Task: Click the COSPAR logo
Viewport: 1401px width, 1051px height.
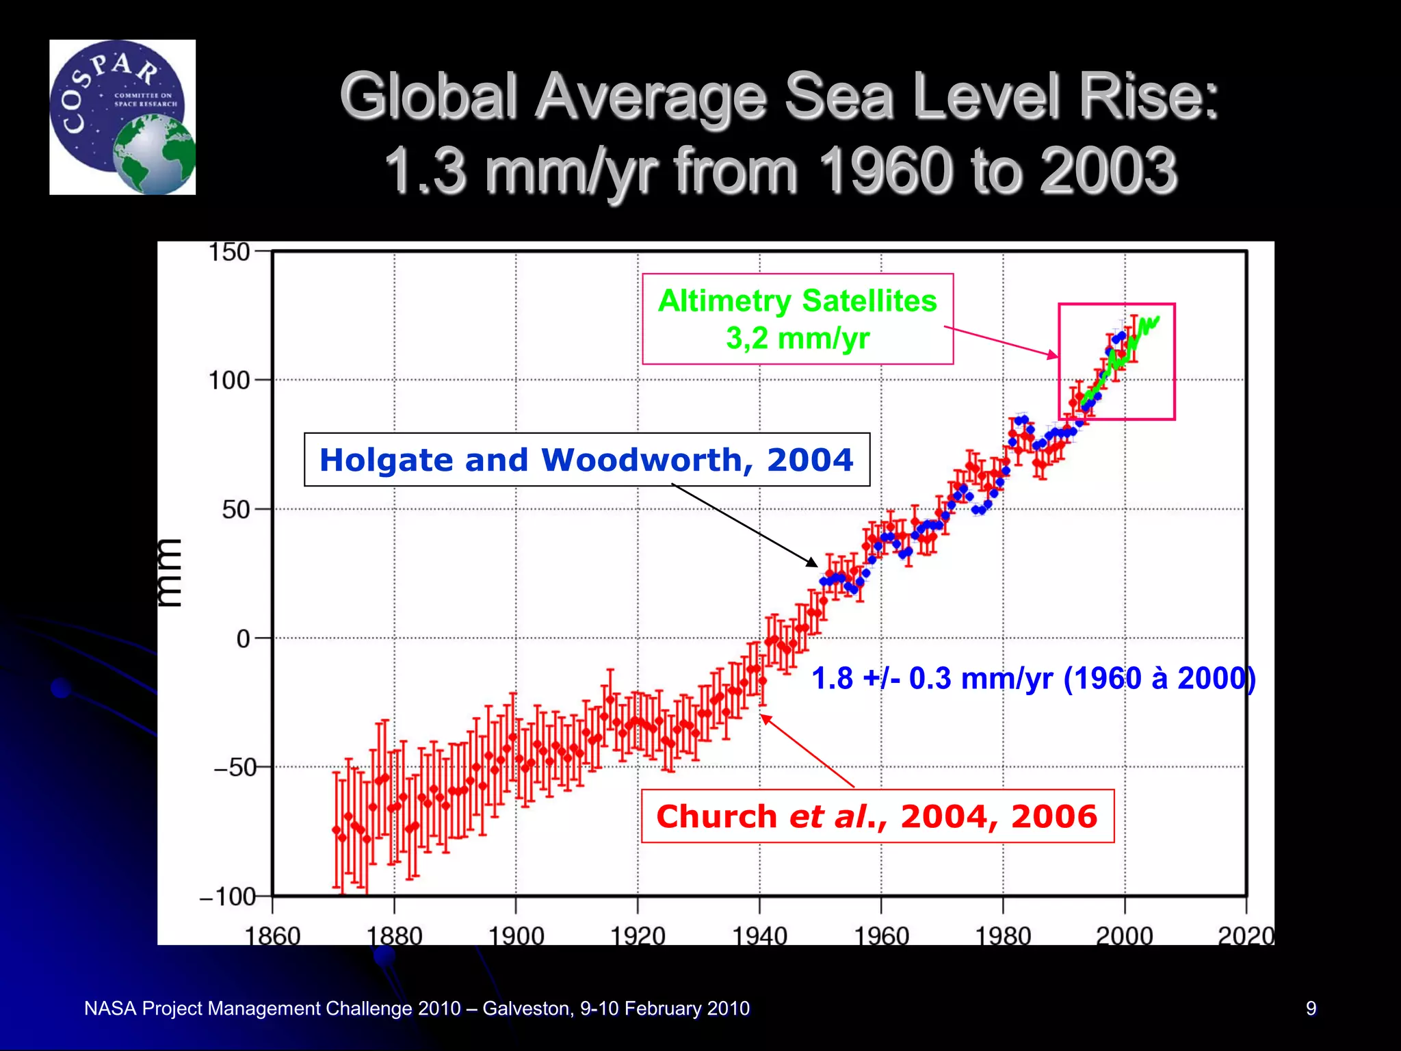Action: coord(122,117)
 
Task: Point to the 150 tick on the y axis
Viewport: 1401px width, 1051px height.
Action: coord(229,252)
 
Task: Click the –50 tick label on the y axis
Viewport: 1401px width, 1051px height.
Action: coord(235,768)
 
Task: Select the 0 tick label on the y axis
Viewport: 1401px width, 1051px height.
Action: coord(244,639)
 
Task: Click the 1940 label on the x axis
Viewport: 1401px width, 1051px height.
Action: coord(759,935)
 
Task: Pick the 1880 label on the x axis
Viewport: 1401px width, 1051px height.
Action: coord(394,935)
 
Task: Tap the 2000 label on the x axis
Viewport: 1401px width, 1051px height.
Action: coord(1125,935)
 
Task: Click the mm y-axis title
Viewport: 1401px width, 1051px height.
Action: coord(169,573)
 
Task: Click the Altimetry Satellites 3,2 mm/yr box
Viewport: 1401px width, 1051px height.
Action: coord(798,319)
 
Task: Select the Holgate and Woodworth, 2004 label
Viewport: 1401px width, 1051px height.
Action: coord(586,460)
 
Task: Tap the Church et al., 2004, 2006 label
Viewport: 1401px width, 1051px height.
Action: coord(877,816)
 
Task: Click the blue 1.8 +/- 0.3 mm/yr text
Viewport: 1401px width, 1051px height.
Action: coord(1033,679)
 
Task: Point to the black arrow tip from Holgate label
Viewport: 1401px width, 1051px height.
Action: coord(815,565)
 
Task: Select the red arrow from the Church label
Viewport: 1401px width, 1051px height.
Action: coord(807,751)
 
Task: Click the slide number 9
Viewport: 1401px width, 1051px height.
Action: coord(1311,1008)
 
